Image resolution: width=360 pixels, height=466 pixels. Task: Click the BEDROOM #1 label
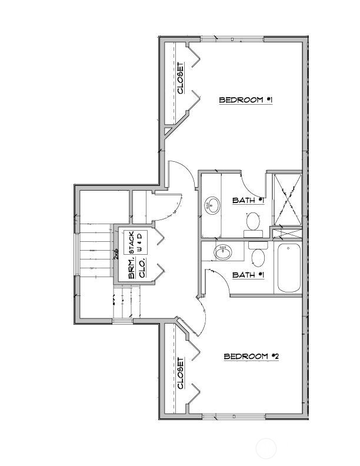tap(245, 100)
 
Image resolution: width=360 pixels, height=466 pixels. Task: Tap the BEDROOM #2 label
tap(251, 357)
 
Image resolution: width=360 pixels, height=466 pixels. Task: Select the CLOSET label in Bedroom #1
tap(181, 78)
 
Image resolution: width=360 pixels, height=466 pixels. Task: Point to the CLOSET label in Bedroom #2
tap(181, 374)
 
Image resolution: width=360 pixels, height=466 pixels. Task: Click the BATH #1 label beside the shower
tap(248, 201)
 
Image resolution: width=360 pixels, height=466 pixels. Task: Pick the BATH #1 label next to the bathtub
tap(248, 275)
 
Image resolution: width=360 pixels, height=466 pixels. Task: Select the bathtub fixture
tap(289, 268)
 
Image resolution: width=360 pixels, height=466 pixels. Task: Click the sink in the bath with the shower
tap(212, 207)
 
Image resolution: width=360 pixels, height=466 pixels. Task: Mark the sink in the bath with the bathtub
tap(223, 253)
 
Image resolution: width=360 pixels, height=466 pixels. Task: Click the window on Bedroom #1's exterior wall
tap(232, 39)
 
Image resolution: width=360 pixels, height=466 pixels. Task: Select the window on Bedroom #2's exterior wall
tap(232, 417)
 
